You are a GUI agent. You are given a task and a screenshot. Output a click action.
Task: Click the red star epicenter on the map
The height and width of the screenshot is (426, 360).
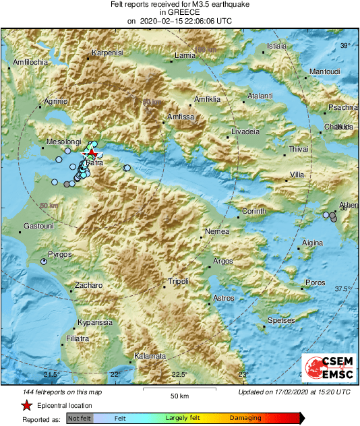[x=92, y=154]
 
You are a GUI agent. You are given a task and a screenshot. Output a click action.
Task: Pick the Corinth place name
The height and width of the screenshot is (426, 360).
[x=255, y=212]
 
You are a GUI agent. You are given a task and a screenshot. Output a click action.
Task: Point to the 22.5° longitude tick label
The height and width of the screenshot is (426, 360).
[x=179, y=375]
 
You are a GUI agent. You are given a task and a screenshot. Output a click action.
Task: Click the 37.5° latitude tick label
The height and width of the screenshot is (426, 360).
[x=342, y=288]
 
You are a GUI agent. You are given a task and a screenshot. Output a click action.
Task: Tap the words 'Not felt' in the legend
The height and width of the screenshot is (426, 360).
[x=80, y=418]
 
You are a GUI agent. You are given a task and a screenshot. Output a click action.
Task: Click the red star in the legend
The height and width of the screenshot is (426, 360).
[x=26, y=405]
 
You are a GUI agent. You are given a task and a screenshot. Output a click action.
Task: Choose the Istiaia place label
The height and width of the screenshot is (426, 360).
[x=277, y=46]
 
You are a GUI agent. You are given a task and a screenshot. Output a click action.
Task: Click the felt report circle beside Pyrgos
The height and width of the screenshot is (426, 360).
[x=44, y=261]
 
